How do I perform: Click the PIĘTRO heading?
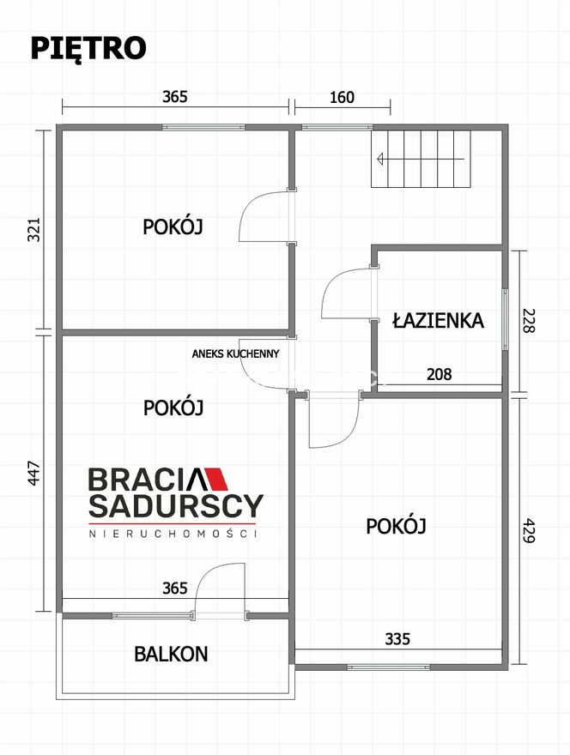pos(88,48)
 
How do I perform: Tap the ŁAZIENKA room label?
pos(438,320)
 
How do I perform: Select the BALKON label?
pos(171,654)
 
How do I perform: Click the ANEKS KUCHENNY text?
pos(235,353)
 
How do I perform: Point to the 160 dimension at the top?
pos(343,97)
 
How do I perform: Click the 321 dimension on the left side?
pos(33,230)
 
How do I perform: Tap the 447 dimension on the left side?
pos(33,474)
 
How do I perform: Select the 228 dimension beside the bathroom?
pos(529,321)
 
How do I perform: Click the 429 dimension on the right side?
pos(529,530)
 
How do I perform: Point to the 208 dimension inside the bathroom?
pos(440,374)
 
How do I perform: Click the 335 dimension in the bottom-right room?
pos(397,639)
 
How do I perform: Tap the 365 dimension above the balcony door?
pos(175,588)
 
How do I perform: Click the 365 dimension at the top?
pos(175,97)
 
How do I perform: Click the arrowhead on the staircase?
pos(380,159)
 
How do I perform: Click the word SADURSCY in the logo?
pos(176,505)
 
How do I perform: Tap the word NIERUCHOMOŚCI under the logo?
pos(173,534)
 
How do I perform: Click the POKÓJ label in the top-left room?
pos(173,226)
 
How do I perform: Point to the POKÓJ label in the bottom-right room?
pos(396,526)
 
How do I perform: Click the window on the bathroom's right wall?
pos(505,320)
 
